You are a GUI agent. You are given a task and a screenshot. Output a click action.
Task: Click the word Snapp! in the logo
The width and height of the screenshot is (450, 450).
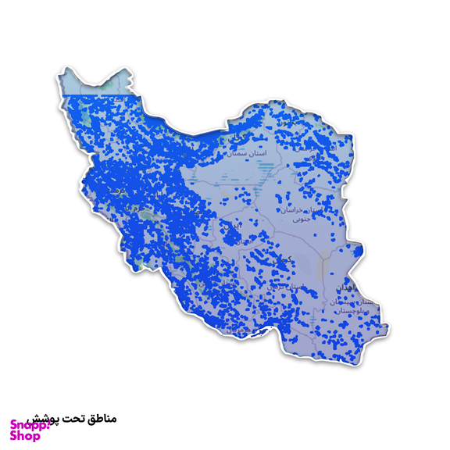tap(24, 424)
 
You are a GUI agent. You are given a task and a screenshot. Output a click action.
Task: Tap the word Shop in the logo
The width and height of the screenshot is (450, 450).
tap(24, 436)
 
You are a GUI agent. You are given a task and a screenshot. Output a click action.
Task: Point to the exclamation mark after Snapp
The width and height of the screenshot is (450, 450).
tap(38, 424)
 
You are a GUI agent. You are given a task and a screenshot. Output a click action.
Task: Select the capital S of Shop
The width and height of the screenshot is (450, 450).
tap(13, 436)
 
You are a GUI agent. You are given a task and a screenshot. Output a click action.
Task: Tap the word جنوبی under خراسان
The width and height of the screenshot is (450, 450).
tap(301, 220)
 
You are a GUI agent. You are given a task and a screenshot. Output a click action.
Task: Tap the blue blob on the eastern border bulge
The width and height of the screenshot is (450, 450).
tap(359, 253)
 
